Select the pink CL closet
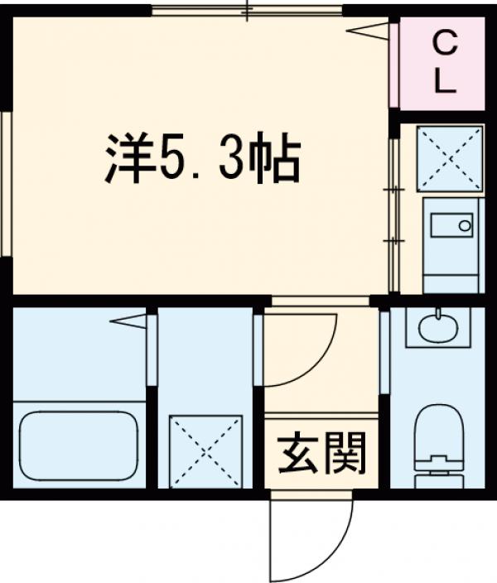pos(442,63)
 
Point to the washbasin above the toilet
pos(437,328)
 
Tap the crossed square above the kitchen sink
pos(450,158)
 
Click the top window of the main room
pos(247,11)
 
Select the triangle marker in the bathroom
pos(128,320)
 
